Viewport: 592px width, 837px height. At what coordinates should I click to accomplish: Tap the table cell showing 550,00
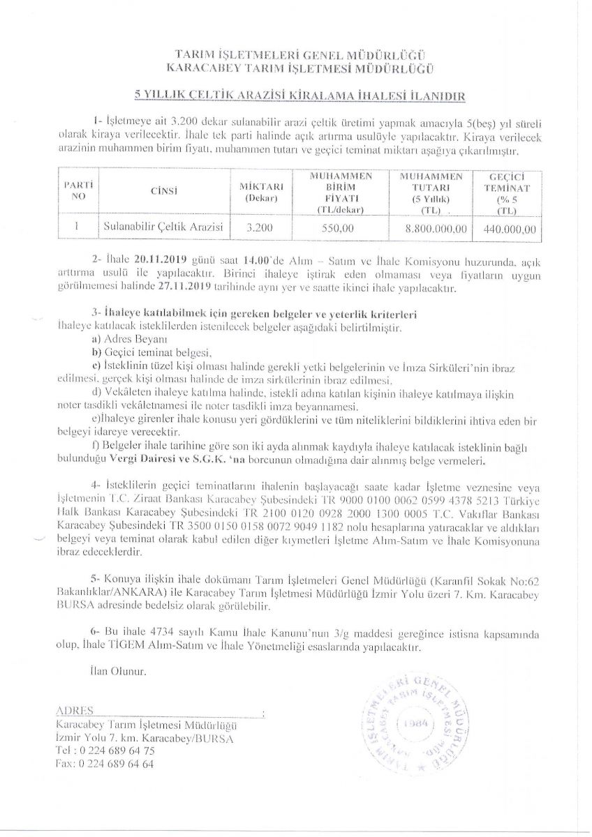click(x=340, y=227)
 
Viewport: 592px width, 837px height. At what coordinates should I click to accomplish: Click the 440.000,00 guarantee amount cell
click(x=509, y=227)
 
